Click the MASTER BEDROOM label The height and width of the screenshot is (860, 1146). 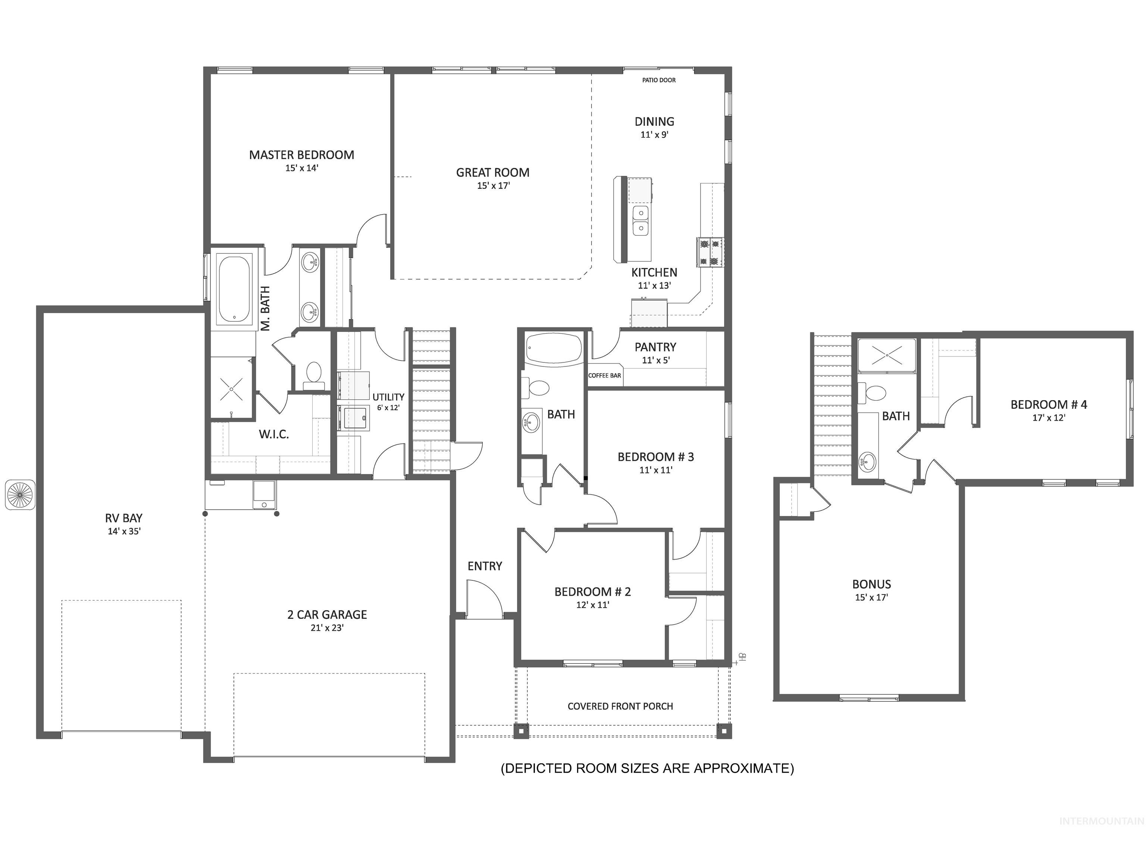coord(301,155)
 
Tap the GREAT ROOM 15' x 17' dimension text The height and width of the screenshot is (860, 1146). coord(493,186)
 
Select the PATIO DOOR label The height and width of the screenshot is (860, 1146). coord(658,80)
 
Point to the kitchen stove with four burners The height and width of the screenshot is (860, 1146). coord(710,252)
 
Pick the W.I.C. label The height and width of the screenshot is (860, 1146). coord(273,434)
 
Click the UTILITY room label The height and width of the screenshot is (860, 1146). coord(388,397)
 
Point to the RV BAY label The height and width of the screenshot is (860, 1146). coord(124,518)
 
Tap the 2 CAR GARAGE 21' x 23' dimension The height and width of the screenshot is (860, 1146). coord(327,628)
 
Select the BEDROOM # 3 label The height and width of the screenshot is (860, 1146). coord(655,457)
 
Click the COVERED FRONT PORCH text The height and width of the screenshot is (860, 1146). coord(620,706)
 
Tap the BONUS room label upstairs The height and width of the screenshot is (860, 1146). coord(871,584)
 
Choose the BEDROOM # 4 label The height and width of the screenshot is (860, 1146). coord(1049,405)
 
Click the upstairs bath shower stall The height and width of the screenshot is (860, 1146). coord(886,356)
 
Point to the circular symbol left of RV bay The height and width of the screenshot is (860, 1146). coord(20,495)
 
